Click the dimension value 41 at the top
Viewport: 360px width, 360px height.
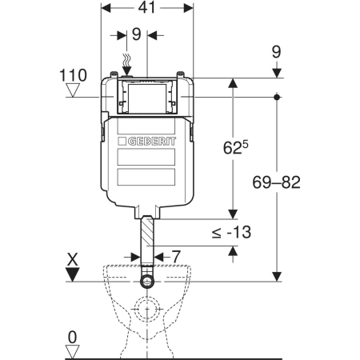coord(146,7)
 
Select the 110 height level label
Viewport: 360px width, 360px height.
coord(73,75)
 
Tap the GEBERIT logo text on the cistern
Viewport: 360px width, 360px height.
coord(152,142)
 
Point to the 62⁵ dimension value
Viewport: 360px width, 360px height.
coord(235,147)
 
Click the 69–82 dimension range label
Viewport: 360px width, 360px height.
coord(277,182)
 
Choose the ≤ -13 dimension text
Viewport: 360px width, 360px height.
coord(231,232)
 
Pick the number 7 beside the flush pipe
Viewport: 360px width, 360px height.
coord(176,257)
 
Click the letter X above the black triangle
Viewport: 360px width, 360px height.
coord(73,259)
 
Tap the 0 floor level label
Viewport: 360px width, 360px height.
coord(73,338)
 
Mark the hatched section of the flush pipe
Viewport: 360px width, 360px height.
coord(147,231)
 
